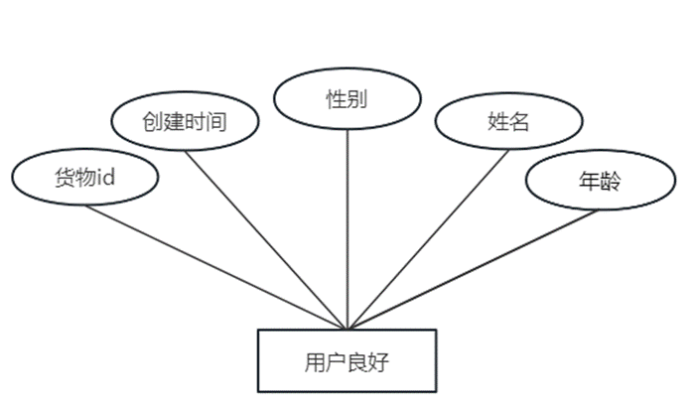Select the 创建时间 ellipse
[x=185, y=122]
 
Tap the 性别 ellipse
[x=347, y=99]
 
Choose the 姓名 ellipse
[x=508, y=122]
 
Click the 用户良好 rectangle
[x=347, y=359]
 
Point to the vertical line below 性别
[x=347, y=228]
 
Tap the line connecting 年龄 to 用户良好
[x=467, y=273]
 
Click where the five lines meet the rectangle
[x=347, y=329]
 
